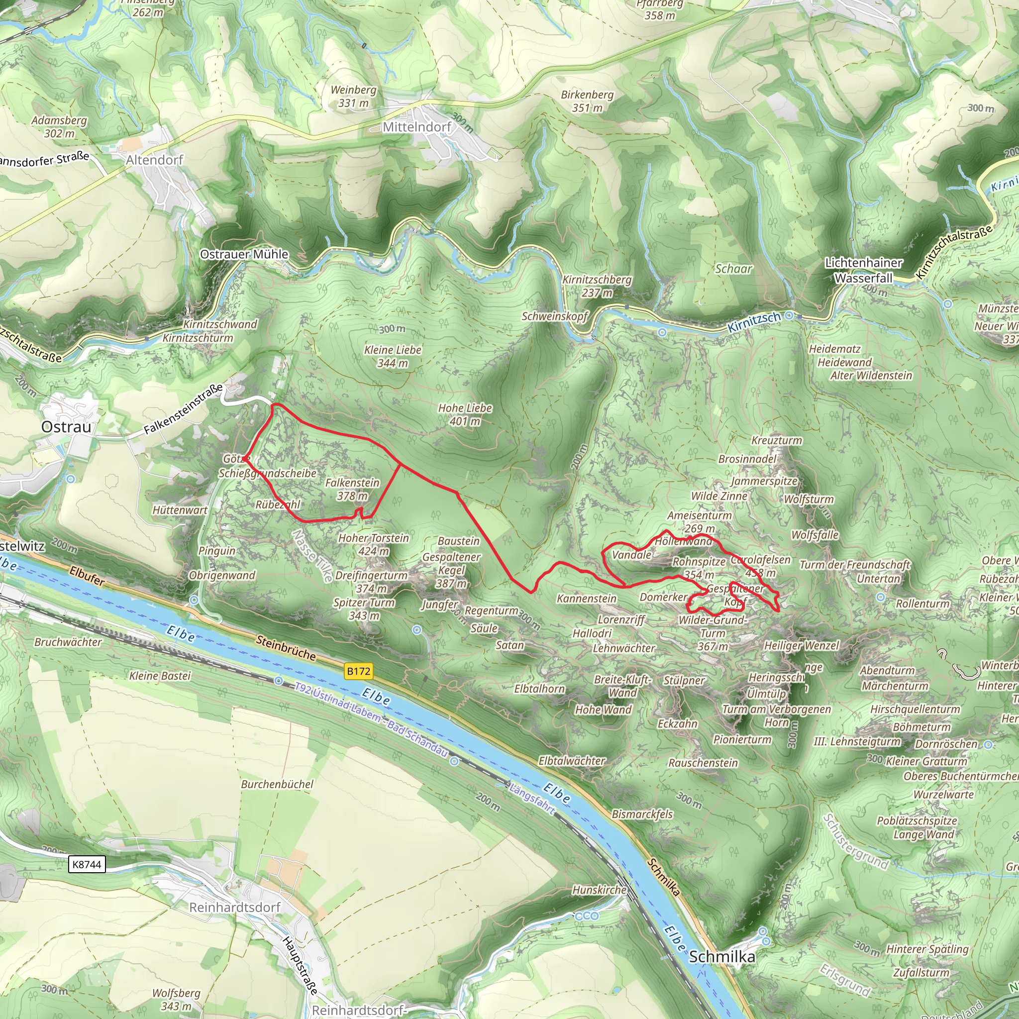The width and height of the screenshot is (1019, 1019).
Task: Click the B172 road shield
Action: pyautogui.click(x=359, y=671)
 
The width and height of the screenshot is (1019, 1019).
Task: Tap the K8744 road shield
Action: pyautogui.click(x=87, y=864)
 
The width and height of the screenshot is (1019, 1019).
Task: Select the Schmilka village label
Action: pyautogui.click(x=722, y=956)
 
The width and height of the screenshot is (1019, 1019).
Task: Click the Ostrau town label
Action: pyautogui.click(x=67, y=427)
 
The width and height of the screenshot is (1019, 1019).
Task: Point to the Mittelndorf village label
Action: pyautogui.click(x=416, y=127)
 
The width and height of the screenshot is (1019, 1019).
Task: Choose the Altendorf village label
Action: pyautogui.click(x=155, y=160)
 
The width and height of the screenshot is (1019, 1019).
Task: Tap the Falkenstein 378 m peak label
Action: pyautogui.click(x=352, y=489)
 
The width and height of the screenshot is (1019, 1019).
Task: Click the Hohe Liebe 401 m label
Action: pyautogui.click(x=465, y=414)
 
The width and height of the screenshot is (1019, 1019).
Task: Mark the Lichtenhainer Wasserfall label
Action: pyautogui.click(x=864, y=270)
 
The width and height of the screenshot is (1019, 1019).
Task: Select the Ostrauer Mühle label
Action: pyautogui.click(x=244, y=254)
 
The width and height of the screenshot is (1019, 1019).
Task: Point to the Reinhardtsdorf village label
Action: pyautogui.click(x=235, y=907)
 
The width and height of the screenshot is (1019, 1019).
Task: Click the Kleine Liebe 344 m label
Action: pyautogui.click(x=393, y=356)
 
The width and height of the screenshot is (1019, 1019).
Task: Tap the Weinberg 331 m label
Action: pyautogui.click(x=353, y=96)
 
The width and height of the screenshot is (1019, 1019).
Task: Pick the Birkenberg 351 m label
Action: pyautogui.click(x=587, y=101)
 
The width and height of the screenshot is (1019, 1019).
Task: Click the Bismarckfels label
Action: pyautogui.click(x=642, y=814)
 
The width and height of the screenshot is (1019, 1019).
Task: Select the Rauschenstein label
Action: pyautogui.click(x=703, y=763)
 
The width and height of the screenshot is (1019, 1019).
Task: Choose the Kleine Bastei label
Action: pyautogui.click(x=160, y=676)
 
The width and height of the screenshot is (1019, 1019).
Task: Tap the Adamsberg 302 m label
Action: pyautogui.click(x=59, y=126)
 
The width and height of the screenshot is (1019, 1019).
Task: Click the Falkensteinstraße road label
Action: pyautogui.click(x=183, y=409)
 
